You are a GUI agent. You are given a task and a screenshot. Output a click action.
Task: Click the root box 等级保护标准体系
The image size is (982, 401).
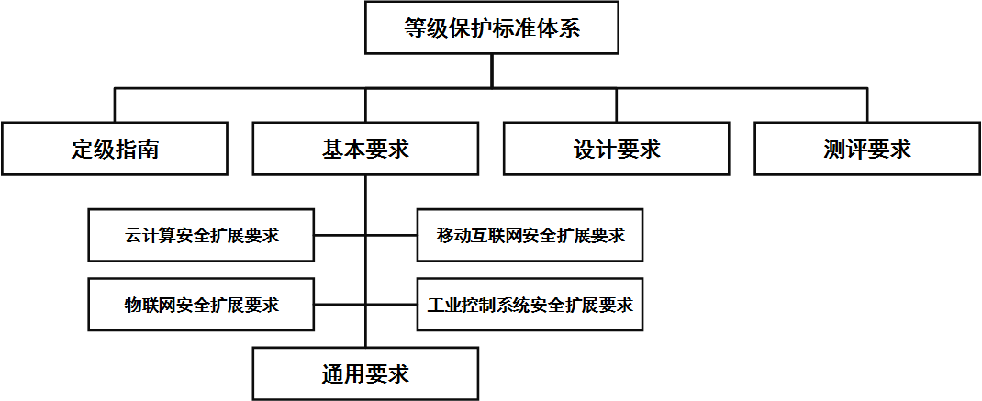click(492, 28)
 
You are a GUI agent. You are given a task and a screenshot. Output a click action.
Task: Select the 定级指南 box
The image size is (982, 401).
click(114, 149)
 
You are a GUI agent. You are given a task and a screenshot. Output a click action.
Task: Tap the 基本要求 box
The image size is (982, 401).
click(366, 149)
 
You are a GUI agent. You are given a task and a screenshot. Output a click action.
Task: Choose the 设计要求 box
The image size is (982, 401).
click(617, 149)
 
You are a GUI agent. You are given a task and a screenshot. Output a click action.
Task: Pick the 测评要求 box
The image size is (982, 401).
click(867, 149)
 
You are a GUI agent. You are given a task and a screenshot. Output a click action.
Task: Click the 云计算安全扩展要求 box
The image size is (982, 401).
click(201, 235)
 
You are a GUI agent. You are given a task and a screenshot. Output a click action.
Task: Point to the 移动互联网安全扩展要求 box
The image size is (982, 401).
click(530, 235)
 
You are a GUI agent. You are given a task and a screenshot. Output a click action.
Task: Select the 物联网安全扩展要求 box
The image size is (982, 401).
click(201, 305)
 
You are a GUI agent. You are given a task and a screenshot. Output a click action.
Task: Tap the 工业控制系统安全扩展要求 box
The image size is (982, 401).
click(530, 305)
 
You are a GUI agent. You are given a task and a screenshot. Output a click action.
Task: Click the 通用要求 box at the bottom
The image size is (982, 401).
click(366, 373)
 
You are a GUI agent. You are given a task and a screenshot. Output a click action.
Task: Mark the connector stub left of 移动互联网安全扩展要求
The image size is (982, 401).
click(392, 235)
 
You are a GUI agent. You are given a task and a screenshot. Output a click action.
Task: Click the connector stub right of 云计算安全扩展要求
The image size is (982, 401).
click(340, 235)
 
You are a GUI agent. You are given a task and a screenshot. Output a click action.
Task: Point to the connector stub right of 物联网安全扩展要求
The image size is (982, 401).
click(340, 305)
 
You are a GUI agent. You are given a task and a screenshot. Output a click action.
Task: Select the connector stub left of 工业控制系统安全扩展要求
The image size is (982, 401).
click(392, 305)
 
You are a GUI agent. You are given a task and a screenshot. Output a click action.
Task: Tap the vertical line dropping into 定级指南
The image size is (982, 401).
click(115, 105)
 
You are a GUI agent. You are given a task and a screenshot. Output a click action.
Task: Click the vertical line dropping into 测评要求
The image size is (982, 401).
click(867, 105)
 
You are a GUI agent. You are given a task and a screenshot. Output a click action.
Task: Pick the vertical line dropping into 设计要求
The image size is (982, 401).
click(617, 105)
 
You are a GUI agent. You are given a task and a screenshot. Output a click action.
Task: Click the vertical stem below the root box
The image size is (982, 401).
click(492, 70)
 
